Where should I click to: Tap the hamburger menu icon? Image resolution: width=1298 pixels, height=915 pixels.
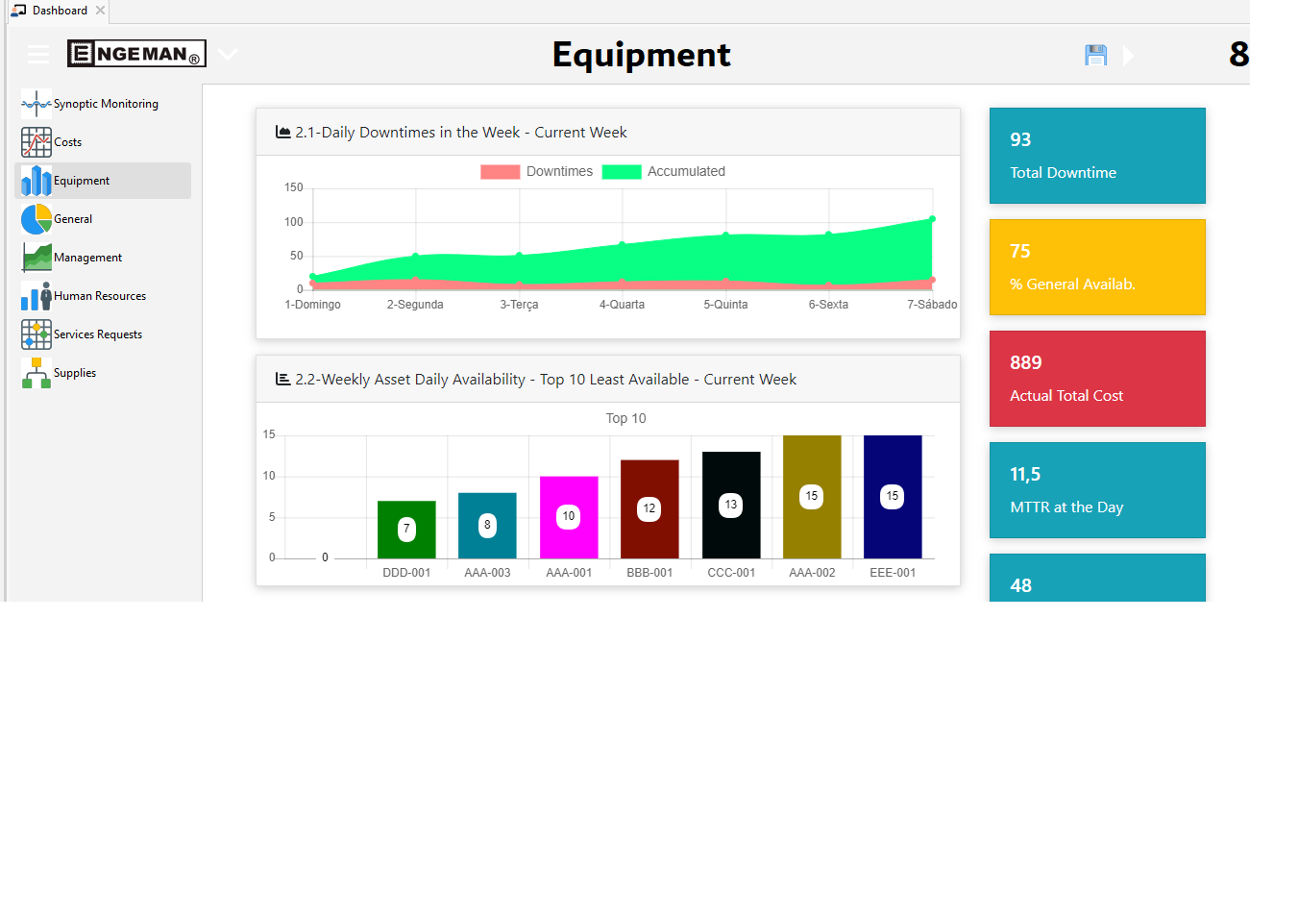coord(38,55)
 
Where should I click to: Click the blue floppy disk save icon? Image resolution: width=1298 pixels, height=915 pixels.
coord(1095,56)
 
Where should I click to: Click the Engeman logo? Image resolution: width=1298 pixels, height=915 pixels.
coord(136,54)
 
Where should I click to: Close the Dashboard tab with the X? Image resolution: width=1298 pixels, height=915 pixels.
coord(100,11)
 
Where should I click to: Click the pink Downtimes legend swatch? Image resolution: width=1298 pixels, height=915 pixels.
coord(500,172)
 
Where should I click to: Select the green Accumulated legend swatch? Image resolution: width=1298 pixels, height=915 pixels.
coord(621,172)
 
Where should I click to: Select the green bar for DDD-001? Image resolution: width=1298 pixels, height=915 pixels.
coord(406,530)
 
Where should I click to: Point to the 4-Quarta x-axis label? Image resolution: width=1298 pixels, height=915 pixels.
coord(622,305)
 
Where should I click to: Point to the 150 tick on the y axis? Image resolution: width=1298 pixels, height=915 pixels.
coord(293,187)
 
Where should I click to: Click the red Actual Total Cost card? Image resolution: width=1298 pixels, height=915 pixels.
coord(1097,379)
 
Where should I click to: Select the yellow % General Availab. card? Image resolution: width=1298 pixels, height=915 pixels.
coord(1097,267)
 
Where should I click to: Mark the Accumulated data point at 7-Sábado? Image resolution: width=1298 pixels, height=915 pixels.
coord(932,219)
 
